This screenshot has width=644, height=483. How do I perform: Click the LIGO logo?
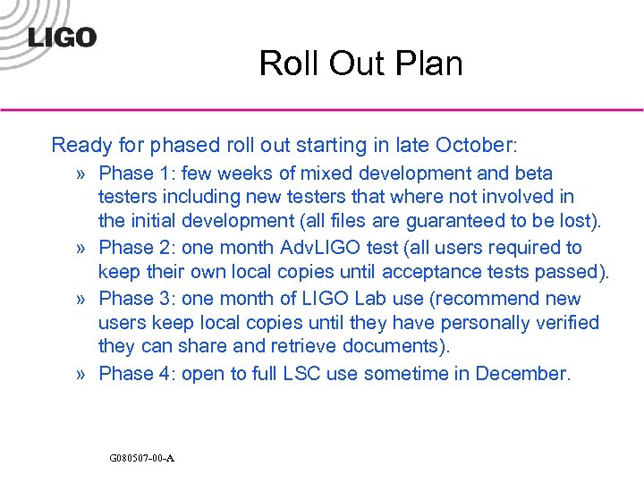(x=61, y=38)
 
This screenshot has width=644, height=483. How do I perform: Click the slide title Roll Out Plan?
(x=360, y=64)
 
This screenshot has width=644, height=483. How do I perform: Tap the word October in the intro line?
(x=471, y=145)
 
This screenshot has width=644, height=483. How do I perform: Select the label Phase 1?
(x=132, y=173)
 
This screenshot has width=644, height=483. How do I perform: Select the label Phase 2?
(x=132, y=248)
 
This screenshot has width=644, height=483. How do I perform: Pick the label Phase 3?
(x=132, y=298)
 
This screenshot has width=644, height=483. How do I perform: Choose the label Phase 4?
(x=132, y=373)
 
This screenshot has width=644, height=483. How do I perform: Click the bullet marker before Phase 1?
(x=81, y=174)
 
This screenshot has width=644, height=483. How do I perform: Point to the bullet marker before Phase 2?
(x=81, y=249)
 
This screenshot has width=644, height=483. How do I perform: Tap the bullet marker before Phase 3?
(x=81, y=299)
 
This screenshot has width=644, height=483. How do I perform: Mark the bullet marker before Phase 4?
(x=81, y=374)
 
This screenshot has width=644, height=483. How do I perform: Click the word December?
(x=521, y=373)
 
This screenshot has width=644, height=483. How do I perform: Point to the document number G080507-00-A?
(x=141, y=458)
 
